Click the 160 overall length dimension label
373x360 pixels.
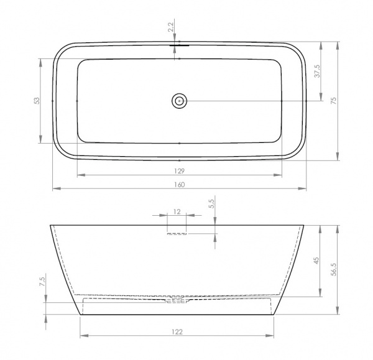pyautogui.click(x=180, y=185)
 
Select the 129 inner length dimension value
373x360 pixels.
pyautogui.click(x=180, y=171)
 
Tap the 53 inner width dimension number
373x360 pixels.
pyautogui.click(x=37, y=101)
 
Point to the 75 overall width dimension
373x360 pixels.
pyautogui.click(x=334, y=101)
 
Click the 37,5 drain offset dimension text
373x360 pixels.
pyautogui.click(x=318, y=71)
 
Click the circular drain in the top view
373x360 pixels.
pyautogui.click(x=179, y=101)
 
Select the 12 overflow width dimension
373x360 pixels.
pyautogui.click(x=177, y=211)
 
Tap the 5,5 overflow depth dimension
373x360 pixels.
pyautogui.click(x=212, y=204)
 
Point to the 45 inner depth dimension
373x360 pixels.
pyautogui.click(x=316, y=261)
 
